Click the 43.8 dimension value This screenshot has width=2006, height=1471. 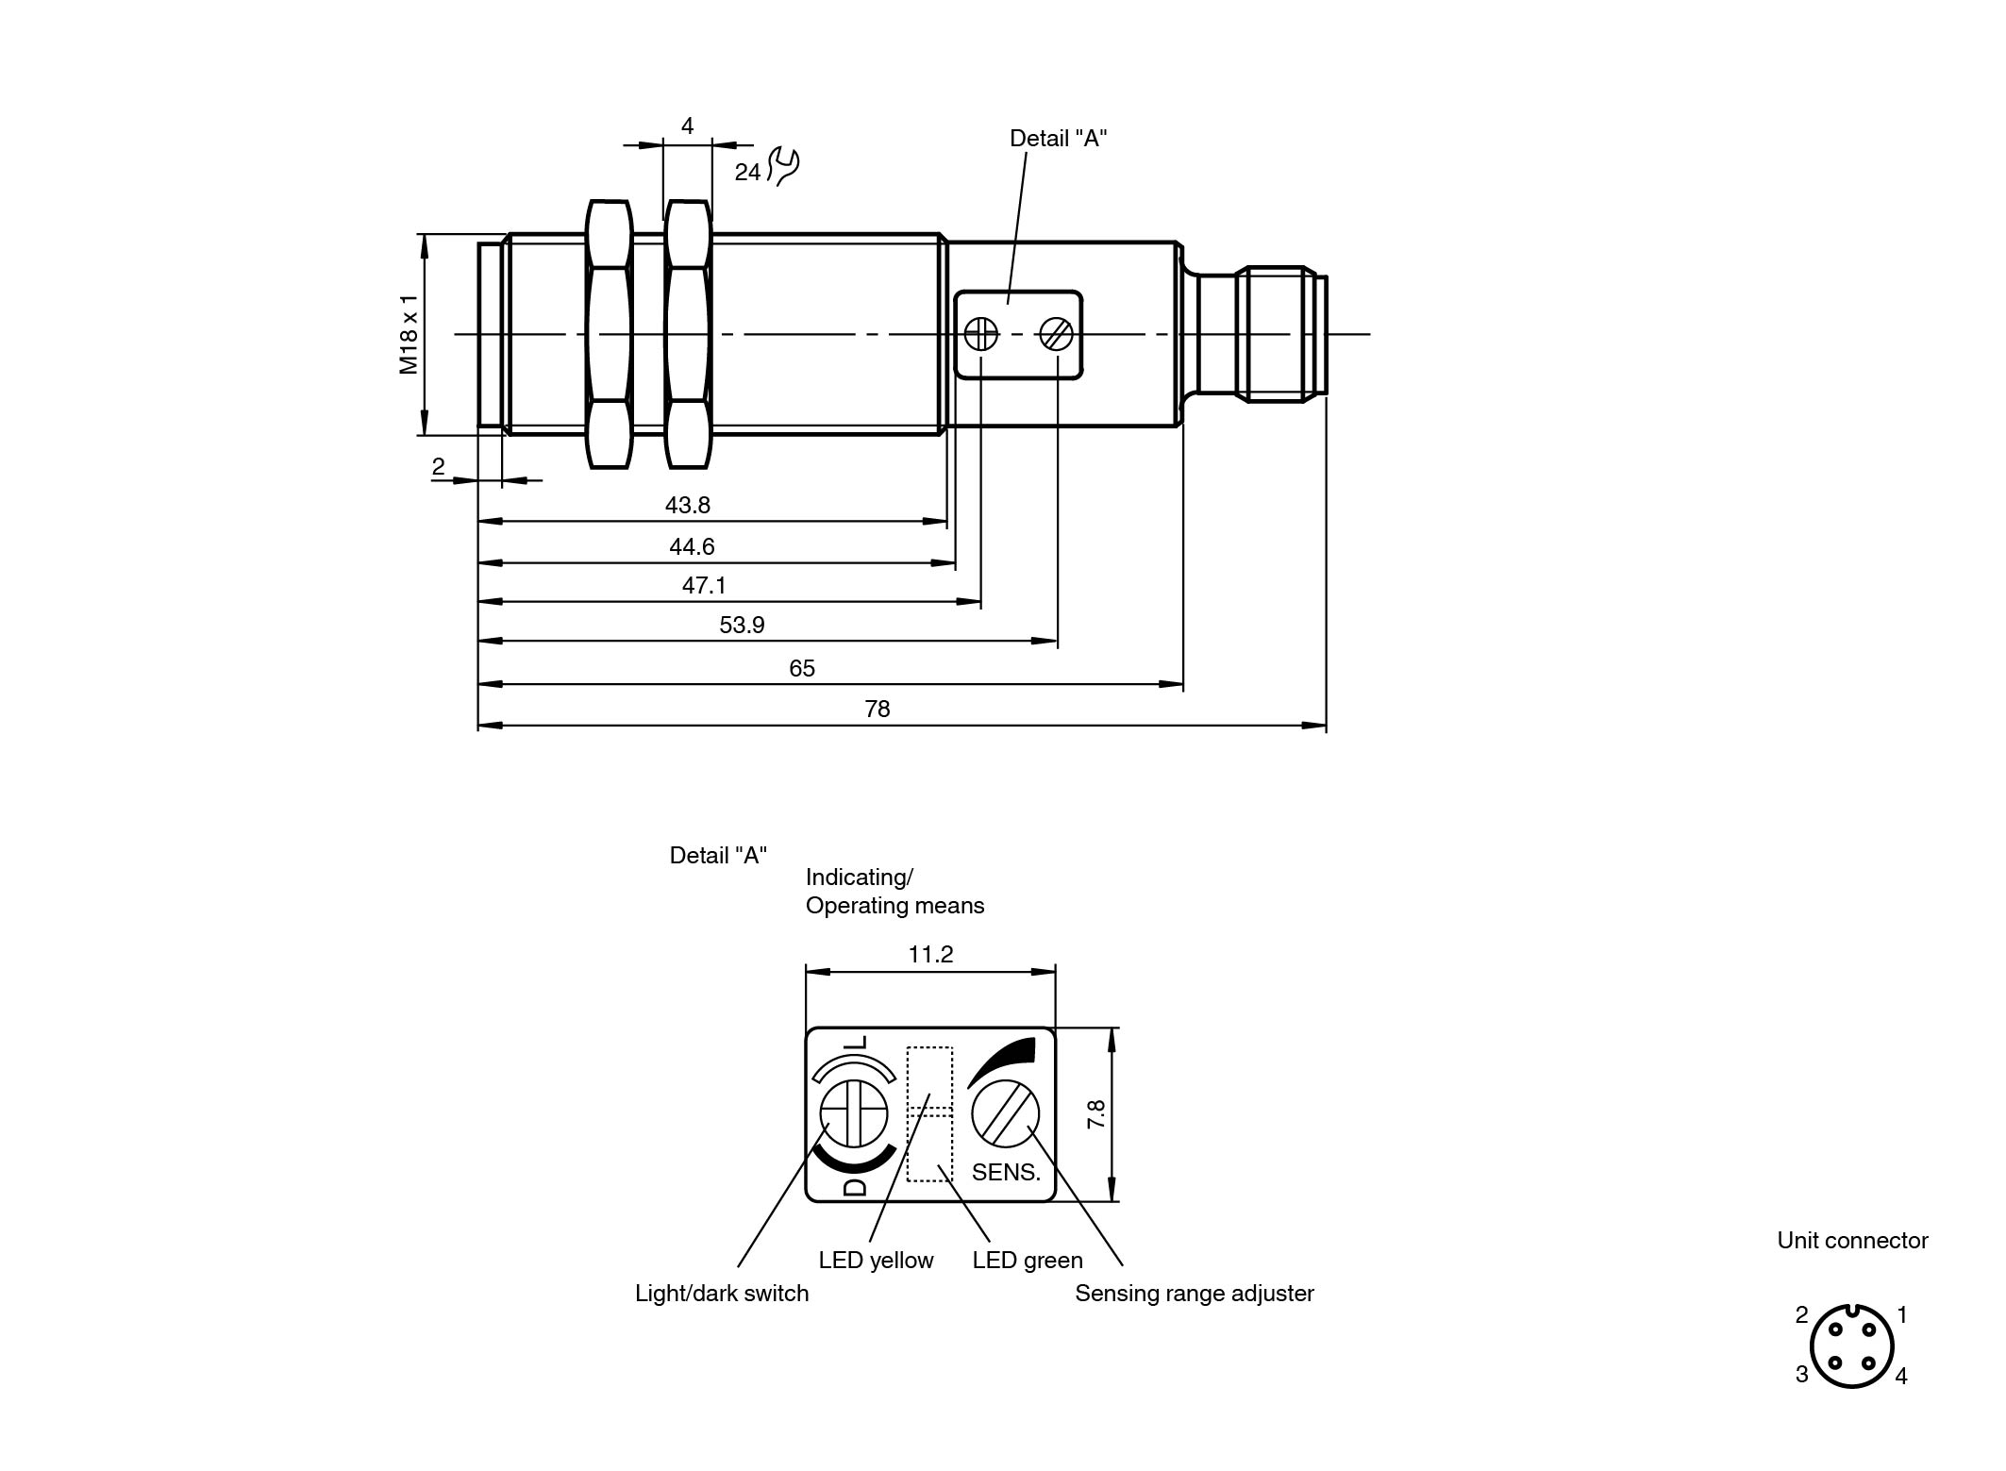[687, 506]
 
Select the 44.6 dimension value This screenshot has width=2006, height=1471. [692, 546]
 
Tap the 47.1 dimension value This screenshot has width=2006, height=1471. [704, 586]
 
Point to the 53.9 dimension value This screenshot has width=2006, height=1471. [742, 626]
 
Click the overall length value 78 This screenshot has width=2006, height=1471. [877, 710]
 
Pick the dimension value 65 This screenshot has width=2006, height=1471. [801, 669]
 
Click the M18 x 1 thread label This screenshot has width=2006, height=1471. [409, 333]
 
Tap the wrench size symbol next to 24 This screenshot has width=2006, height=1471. [783, 166]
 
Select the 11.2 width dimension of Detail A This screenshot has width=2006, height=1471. [930, 955]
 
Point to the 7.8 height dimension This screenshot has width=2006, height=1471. [1096, 1114]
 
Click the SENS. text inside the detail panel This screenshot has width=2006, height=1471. [1006, 1173]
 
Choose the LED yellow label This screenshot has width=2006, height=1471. [876, 1261]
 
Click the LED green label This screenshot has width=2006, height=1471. [1028, 1261]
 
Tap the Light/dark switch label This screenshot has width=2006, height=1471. [722, 1294]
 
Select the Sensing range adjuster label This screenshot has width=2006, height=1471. [1194, 1294]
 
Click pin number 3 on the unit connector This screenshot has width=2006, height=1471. [1801, 1375]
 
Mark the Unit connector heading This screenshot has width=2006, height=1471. [1852, 1241]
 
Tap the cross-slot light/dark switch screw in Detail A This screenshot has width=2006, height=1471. [854, 1114]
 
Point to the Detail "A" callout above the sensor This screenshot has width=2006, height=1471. [1058, 139]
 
